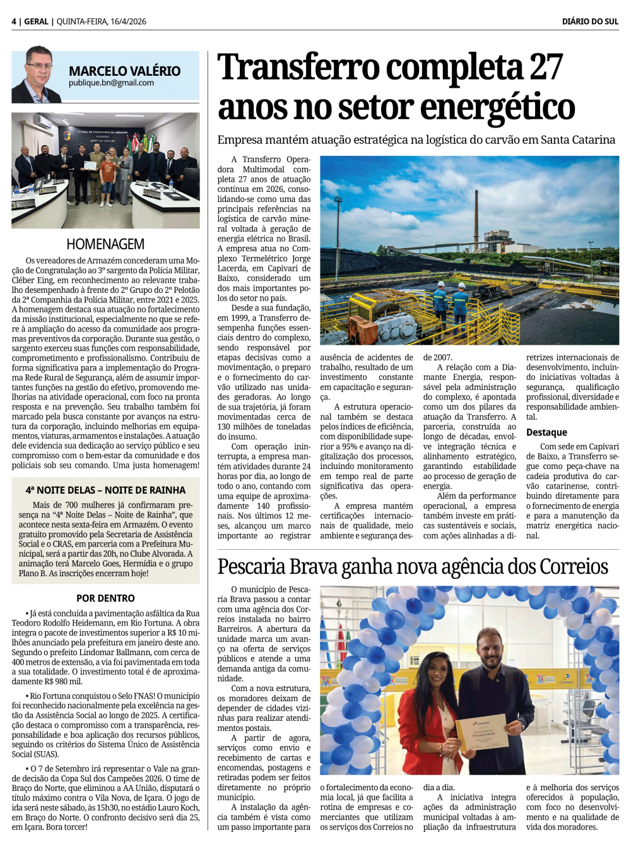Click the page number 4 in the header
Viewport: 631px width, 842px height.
14,21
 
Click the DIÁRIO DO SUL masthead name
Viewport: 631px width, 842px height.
590,21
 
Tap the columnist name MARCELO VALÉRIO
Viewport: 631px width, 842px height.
124,71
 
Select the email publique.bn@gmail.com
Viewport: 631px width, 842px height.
111,83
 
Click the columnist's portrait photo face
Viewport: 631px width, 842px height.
39,67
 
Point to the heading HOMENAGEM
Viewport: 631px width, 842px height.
105,244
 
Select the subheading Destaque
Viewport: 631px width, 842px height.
546,432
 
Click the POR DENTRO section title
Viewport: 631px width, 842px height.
105,598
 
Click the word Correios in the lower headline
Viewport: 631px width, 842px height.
571,566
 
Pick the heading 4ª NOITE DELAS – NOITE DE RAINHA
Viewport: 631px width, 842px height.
105,490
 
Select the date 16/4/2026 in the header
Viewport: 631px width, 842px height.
128,21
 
